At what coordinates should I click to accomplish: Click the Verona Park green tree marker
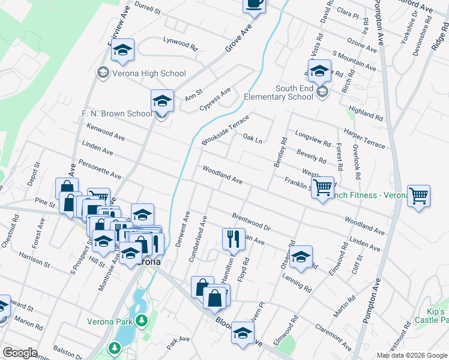142,321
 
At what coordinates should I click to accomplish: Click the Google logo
20,353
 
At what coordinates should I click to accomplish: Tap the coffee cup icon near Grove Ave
254,4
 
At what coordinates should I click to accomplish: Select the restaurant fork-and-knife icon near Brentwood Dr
234,238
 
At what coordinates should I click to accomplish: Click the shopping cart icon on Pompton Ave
418,196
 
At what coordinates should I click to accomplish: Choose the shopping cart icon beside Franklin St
323,187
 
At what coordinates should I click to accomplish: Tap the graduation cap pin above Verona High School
123,50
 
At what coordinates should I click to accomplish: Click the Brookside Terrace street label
225,129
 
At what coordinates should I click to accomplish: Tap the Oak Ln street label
253,139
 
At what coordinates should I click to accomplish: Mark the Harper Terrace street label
364,137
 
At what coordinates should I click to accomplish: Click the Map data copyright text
411,355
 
